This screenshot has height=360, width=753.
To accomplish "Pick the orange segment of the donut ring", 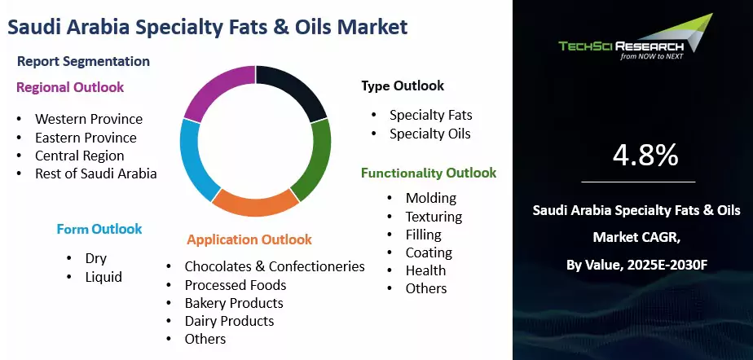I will (256, 204).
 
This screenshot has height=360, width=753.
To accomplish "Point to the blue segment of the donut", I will (196, 159).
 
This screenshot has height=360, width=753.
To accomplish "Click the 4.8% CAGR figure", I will (644, 154).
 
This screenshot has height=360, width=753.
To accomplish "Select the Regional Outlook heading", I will (69, 87).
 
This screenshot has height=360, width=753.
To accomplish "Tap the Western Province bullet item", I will (88, 119).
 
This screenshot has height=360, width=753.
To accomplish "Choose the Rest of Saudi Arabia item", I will (95, 173).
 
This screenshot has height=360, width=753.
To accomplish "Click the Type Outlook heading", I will (403, 86).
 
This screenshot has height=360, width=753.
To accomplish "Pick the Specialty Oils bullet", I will (429, 133).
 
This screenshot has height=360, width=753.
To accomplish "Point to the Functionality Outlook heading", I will (429, 173).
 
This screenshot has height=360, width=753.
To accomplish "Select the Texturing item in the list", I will (434, 217).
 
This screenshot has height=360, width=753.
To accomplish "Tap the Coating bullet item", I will (429, 252).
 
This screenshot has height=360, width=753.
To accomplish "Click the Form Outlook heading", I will (99, 229).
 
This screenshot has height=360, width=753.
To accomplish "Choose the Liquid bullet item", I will (103, 277).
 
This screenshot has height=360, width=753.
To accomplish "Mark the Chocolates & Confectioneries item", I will (274, 266).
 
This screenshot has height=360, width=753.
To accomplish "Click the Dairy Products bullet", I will (229, 320).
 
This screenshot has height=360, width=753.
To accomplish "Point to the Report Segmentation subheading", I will (83, 61).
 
